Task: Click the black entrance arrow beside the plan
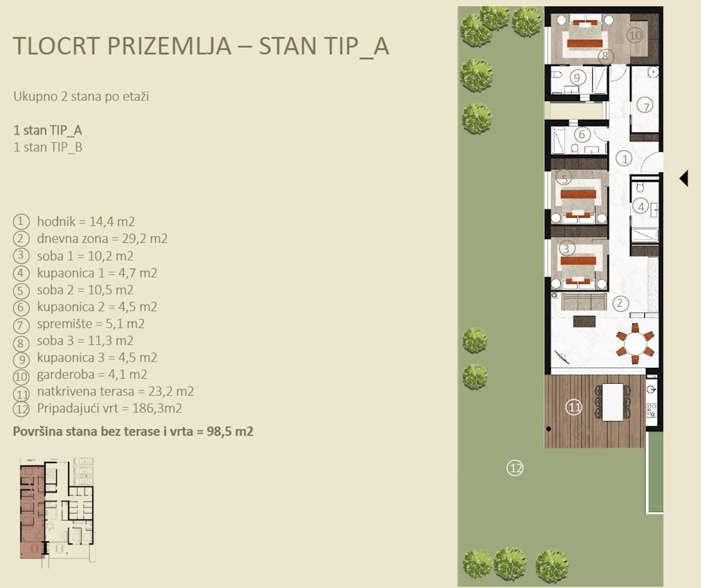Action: coord(684,178)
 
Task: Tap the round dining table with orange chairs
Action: coord(634,344)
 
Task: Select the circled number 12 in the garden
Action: coord(515,468)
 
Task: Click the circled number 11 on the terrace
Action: coord(574,408)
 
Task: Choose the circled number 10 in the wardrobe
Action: coord(634,35)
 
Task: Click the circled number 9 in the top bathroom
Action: coord(577,78)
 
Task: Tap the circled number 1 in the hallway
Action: coord(625,158)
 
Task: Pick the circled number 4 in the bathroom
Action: coord(641,207)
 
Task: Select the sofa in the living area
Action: coord(584,302)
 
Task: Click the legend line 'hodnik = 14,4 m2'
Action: coord(86,221)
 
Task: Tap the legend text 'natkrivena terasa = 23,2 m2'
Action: coord(116,391)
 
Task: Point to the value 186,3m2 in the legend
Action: coord(157,408)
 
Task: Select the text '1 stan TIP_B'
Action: coord(48,147)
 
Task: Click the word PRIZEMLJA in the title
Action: coord(169,46)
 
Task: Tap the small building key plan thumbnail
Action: coord(58,513)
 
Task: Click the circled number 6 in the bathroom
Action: coord(582,134)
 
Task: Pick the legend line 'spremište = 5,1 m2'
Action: coord(91,324)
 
